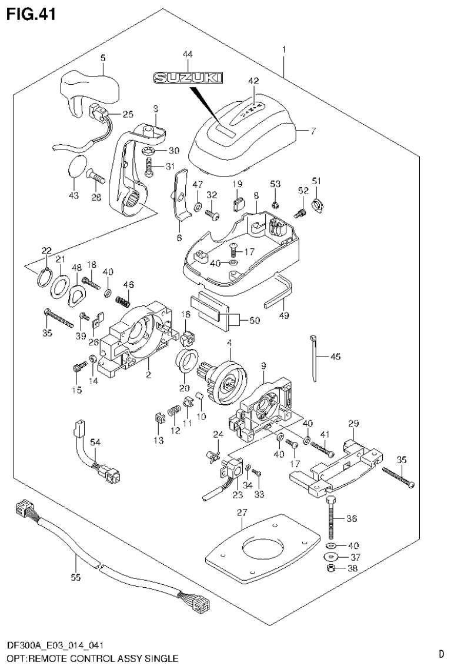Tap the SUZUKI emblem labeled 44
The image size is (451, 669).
[x=188, y=77]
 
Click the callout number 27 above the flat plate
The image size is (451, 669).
[x=240, y=513]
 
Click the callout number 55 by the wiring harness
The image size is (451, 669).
[x=75, y=577]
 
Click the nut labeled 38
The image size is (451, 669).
[x=332, y=568]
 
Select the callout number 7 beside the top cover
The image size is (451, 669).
[x=313, y=131]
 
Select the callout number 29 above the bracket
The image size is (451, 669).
[x=353, y=424]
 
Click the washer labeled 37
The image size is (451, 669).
[x=332, y=557]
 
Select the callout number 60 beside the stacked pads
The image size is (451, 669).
[x=255, y=321]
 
